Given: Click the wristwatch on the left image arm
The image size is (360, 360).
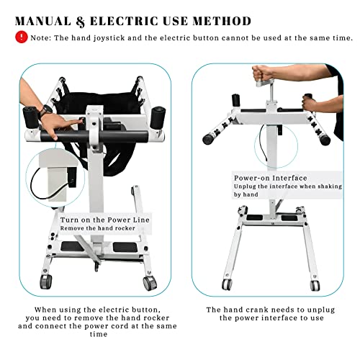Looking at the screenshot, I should point(47,112).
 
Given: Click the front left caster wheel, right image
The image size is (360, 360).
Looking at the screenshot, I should point(227,284).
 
